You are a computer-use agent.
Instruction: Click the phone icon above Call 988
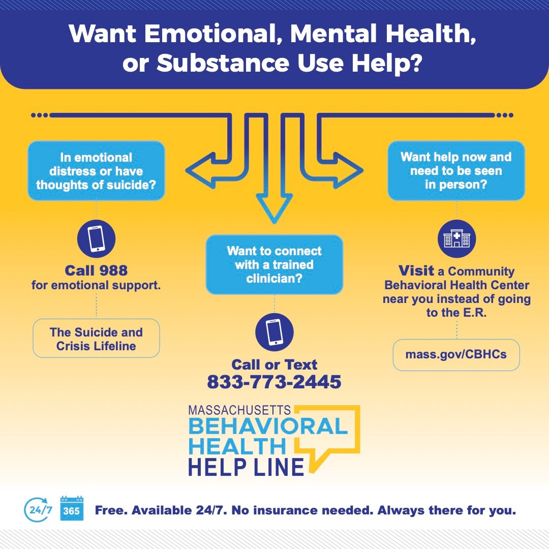coord(96,239)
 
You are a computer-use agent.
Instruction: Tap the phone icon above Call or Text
coord(274,332)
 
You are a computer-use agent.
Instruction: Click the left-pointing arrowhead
coord(196,169)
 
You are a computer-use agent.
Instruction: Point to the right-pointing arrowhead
coord(353,169)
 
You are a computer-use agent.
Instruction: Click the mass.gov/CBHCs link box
coord(456,354)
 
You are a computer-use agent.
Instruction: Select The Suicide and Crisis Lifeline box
coord(96,339)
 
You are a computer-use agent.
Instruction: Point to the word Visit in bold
coord(416,270)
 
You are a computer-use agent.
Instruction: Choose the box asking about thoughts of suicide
coord(96,171)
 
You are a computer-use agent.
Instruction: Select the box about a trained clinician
coord(274,264)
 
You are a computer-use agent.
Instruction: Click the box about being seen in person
coord(456,170)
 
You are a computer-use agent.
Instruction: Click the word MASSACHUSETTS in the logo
coord(239,410)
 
